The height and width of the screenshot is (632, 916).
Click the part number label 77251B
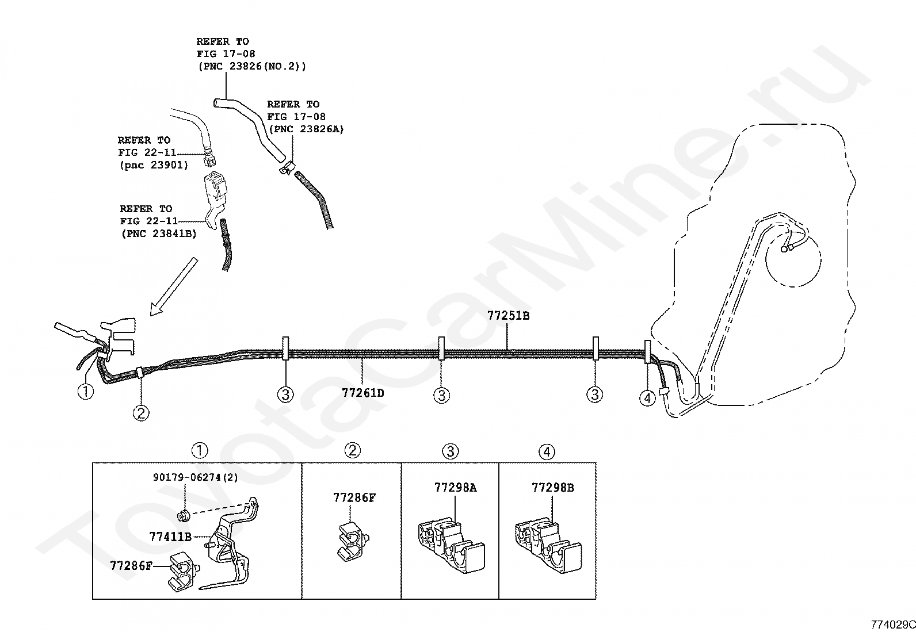(x=508, y=316)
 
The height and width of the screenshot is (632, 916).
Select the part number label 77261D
(x=363, y=393)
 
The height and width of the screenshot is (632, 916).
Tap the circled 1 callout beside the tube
(x=86, y=391)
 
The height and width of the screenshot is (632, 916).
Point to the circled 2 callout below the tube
(x=141, y=413)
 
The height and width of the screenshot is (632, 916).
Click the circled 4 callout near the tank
(x=647, y=398)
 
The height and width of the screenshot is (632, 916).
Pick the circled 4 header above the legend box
(x=547, y=452)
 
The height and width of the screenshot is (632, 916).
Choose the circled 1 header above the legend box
(x=200, y=450)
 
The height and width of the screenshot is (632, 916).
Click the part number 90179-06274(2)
(x=195, y=477)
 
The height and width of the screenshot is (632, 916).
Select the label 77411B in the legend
(x=170, y=537)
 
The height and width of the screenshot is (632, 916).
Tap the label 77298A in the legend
(x=456, y=487)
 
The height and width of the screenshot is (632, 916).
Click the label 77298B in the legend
(x=553, y=487)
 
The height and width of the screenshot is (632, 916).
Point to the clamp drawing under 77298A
(x=451, y=546)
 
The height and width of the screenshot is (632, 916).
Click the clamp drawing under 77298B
(x=548, y=546)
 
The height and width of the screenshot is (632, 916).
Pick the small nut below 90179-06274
(x=184, y=516)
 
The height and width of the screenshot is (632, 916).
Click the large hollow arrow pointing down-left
(x=174, y=286)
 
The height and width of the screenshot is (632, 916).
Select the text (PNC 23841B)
(x=159, y=233)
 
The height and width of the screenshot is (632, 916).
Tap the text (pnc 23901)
(x=154, y=164)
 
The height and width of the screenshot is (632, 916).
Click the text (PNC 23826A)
(x=306, y=129)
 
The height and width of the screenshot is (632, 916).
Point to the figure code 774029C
(x=892, y=625)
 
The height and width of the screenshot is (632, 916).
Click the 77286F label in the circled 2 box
(x=354, y=497)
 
